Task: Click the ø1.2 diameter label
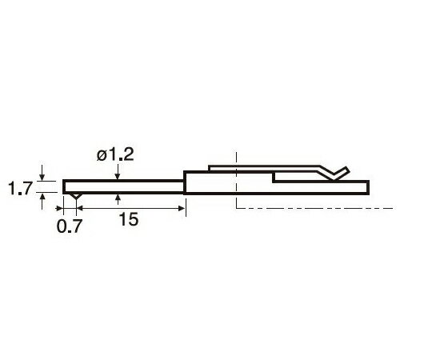pyautogui.click(x=115, y=155)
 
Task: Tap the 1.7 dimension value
pyautogui.click(x=20, y=189)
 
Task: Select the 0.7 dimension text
pyautogui.click(x=69, y=226)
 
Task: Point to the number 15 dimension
pyautogui.click(x=128, y=219)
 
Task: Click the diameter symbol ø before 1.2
pyautogui.click(x=102, y=156)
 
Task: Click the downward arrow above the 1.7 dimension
pyautogui.click(x=42, y=173)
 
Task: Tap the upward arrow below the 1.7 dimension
pyautogui.click(x=42, y=202)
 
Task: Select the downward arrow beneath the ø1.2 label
pyautogui.click(x=118, y=172)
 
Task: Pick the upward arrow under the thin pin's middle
pyautogui.click(x=118, y=199)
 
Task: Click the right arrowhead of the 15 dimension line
pyautogui.click(x=182, y=208)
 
